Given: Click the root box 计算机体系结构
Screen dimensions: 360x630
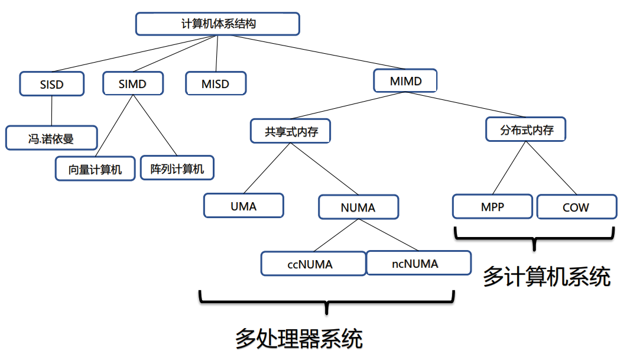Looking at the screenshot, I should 217,24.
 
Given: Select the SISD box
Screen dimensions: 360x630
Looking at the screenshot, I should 52,84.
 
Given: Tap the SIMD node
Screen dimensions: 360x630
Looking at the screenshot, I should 132,83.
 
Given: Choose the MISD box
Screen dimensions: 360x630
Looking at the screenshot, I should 215,83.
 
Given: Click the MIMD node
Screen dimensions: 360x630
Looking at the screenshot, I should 406,80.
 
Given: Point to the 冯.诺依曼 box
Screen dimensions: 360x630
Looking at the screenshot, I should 51,138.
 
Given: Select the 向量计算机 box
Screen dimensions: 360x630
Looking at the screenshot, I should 95,168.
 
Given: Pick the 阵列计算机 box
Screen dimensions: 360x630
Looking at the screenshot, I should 177,168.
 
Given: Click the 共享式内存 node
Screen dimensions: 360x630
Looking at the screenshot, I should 290,131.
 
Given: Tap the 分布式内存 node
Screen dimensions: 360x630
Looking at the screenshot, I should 525,129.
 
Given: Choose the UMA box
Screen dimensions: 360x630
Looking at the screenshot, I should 243,206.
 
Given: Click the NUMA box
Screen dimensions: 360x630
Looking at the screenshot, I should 358,207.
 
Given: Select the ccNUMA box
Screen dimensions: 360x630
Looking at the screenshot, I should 313,264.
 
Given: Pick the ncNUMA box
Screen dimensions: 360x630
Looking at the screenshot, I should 418,263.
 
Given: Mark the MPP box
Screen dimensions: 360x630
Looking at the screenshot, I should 492,207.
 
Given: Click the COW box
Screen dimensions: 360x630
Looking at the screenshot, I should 576,207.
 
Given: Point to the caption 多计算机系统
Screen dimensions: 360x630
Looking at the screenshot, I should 546,276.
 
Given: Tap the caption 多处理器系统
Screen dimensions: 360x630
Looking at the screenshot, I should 298,338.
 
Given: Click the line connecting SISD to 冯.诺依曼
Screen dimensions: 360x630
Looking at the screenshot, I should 52,111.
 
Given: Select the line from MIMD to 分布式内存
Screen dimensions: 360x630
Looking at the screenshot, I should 467,106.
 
